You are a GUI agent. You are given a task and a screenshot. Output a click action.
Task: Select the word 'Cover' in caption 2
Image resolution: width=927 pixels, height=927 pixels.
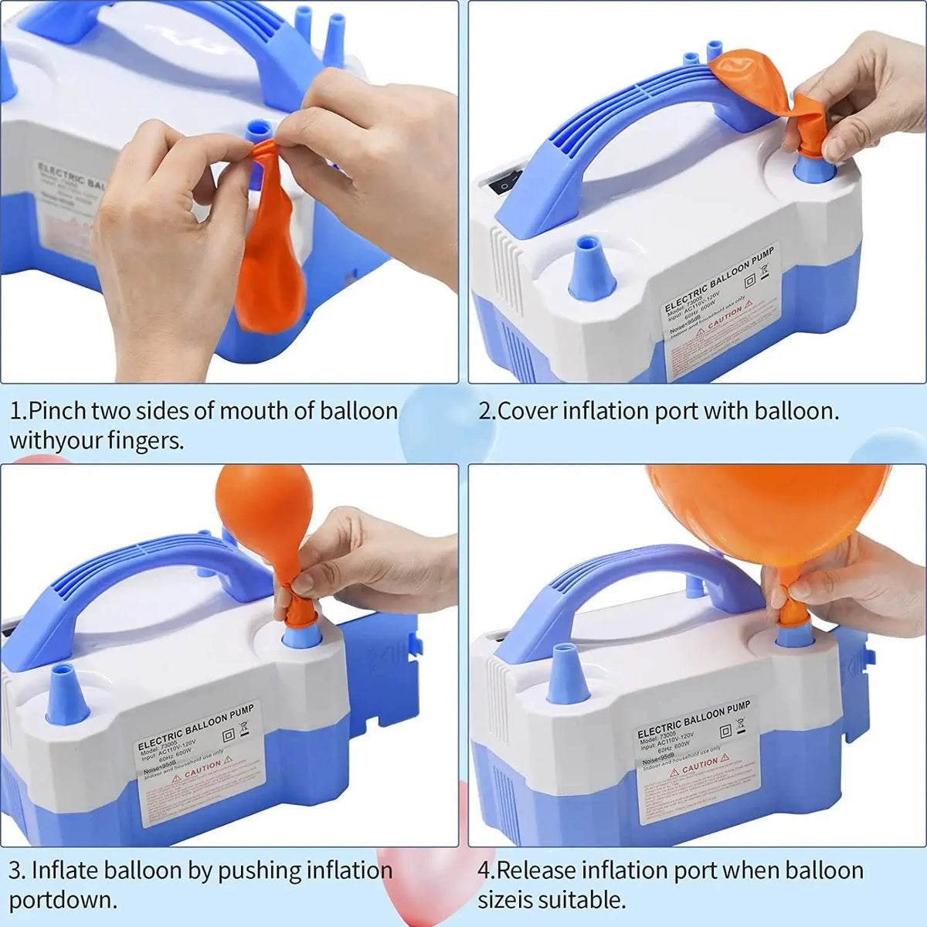click(x=528, y=411)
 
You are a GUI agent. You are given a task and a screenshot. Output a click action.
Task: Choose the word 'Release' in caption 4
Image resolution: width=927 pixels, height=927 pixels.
click(x=536, y=871)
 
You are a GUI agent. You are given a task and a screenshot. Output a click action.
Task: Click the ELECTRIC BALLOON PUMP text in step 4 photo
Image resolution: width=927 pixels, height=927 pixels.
click(x=694, y=718)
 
